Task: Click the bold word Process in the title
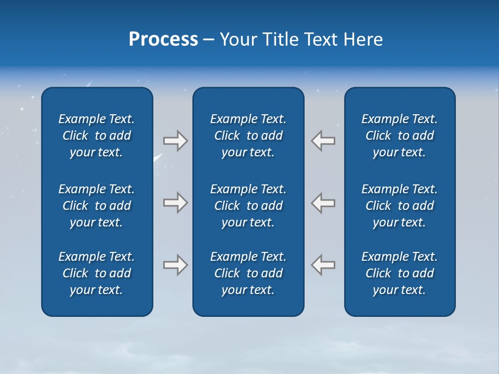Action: (x=163, y=39)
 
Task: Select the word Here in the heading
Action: (x=363, y=39)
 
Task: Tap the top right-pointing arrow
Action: (x=175, y=141)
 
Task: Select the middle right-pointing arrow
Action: (x=175, y=203)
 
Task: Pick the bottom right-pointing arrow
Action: (x=175, y=265)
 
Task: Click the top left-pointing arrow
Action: (x=323, y=141)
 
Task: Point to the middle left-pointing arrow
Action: (x=323, y=203)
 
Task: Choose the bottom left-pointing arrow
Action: (x=323, y=265)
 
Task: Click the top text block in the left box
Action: (x=97, y=136)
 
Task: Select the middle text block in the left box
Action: (x=97, y=206)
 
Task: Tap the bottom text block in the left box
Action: (x=97, y=273)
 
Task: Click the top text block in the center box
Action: (x=248, y=136)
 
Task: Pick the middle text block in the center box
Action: (x=248, y=206)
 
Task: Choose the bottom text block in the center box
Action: (x=248, y=273)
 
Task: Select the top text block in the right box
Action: (x=400, y=136)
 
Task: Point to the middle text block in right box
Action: (x=400, y=206)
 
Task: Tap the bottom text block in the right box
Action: (x=400, y=273)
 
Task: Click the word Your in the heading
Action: (x=237, y=39)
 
